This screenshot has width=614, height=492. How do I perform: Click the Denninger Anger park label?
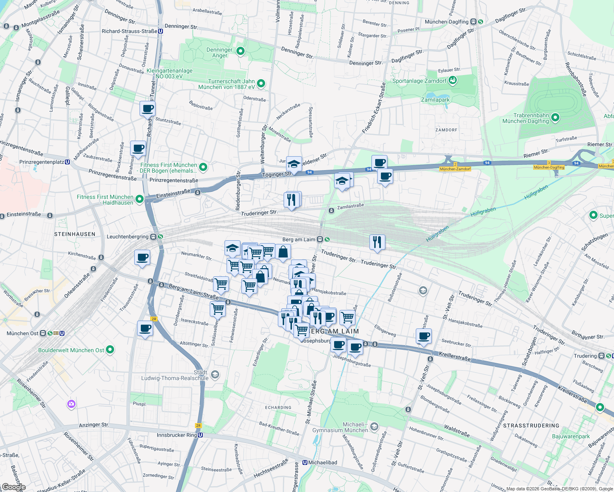coord(220,52)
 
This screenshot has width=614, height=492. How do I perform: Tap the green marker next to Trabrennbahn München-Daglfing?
coord(555,118)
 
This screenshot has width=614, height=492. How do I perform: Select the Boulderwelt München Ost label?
coord(71,350)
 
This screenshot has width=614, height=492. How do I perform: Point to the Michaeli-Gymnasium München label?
coord(340,427)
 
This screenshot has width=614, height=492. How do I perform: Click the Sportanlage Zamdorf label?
coord(419,81)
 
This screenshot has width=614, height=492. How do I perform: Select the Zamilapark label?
coord(435,100)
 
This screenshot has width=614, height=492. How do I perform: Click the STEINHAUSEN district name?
coord(75,234)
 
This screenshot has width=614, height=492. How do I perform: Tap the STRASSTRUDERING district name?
coord(531,426)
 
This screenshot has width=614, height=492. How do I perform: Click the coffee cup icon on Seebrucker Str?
coord(424,337)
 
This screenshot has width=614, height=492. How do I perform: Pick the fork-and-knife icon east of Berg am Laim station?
coord(377,242)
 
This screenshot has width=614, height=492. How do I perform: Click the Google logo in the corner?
coord(13,487)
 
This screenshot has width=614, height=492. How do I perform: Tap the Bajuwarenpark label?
coord(570,436)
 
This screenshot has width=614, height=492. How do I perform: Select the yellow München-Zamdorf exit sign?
coord(455,169)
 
